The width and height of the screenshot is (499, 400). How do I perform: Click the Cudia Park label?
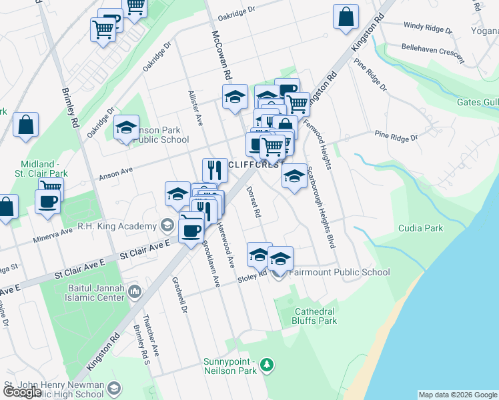(420, 228)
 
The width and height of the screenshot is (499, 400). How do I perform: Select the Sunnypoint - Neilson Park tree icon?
(267, 365)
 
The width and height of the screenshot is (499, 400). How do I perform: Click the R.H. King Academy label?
(116, 227)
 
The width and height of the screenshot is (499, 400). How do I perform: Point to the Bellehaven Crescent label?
(433, 53)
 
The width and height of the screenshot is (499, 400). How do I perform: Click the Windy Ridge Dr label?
(428, 28)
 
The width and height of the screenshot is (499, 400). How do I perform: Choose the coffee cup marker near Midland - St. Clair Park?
(47, 203)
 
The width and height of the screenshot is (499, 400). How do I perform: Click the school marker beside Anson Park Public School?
(126, 129)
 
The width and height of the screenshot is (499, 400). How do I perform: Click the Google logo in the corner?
(22, 392)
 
